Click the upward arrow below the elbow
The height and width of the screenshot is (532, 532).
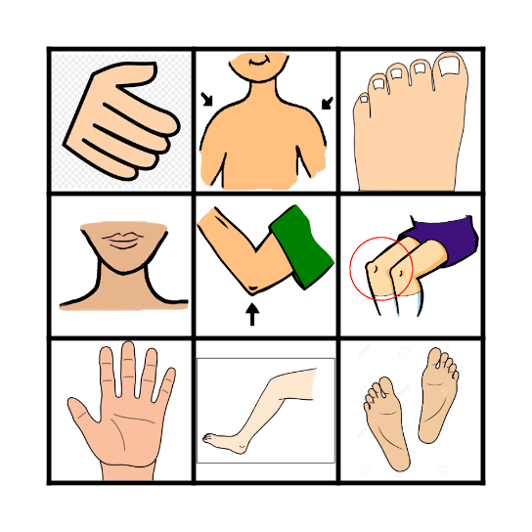pyautogui.click(x=252, y=314)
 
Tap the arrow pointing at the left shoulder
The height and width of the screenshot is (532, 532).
pyautogui.click(x=207, y=99)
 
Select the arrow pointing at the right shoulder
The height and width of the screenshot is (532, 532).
pyautogui.click(x=327, y=102)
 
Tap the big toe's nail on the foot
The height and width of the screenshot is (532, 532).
pyautogui.click(x=452, y=66)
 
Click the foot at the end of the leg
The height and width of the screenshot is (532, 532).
pyautogui.click(x=225, y=441)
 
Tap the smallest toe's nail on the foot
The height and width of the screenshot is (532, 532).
pyautogui.click(x=365, y=98)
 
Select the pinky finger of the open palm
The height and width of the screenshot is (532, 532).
pyautogui.click(x=168, y=384)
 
